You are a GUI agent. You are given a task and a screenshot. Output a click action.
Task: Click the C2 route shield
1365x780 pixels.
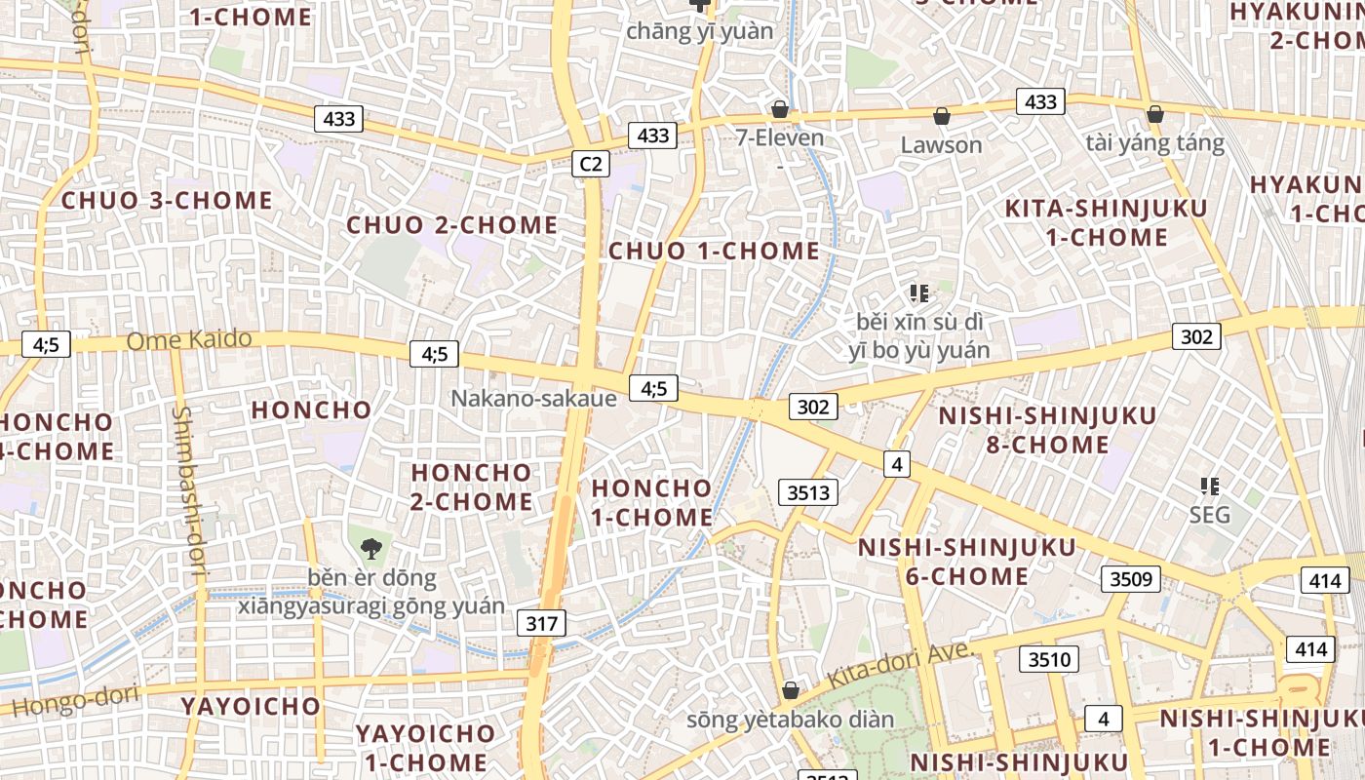tap(591, 164)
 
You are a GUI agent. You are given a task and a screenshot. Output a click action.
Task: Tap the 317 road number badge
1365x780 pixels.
tap(541, 623)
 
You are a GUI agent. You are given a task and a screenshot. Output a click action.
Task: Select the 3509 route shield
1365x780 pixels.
tap(1131, 579)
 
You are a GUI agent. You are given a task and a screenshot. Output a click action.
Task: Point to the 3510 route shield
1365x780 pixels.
tap(1049, 659)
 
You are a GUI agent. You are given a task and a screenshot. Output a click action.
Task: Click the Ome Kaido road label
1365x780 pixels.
tap(189, 340)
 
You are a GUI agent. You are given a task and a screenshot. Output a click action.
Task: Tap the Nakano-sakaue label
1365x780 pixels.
tap(533, 398)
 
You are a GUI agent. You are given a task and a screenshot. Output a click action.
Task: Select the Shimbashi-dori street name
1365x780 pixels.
tap(188, 493)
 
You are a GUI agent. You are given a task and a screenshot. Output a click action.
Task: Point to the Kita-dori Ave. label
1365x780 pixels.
tap(900, 664)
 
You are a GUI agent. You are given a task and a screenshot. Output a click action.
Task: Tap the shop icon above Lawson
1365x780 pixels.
tap(942, 117)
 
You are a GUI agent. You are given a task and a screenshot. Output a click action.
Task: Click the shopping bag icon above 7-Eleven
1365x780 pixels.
tap(779, 108)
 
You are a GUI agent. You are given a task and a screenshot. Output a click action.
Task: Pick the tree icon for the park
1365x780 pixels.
tap(370, 549)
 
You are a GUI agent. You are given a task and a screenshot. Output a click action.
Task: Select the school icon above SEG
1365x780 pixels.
tap(1210, 486)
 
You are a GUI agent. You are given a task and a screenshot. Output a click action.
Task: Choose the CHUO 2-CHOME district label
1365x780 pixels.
tap(452, 225)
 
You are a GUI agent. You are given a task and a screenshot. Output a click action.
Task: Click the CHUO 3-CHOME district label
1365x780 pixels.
tap(167, 201)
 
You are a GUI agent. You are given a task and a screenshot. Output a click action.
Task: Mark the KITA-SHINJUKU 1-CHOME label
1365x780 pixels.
tap(1106, 222)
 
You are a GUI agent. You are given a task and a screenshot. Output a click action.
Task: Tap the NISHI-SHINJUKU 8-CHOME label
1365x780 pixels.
tap(1047, 430)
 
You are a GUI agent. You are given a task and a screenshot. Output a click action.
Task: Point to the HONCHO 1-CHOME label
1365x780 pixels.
tap(652, 501)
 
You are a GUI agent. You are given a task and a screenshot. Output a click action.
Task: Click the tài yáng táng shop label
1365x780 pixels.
tap(1154, 143)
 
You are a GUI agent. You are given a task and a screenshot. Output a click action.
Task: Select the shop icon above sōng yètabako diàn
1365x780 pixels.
tap(791, 690)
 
